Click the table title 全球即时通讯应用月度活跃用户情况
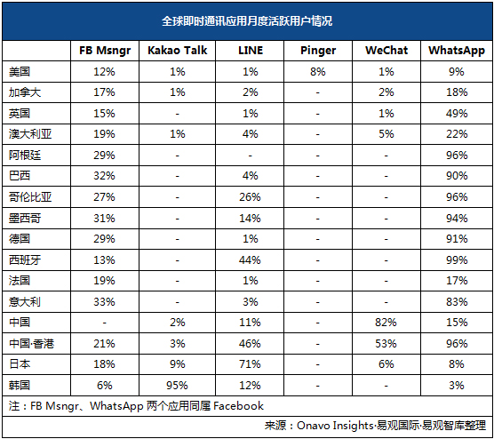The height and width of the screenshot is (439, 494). click(247, 21)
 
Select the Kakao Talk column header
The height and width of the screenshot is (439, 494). click(178, 50)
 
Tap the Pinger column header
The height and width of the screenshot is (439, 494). click(318, 51)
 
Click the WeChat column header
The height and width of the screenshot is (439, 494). click(386, 50)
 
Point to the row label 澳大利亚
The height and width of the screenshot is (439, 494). click(30, 134)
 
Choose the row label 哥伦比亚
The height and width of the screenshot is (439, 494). click(30, 197)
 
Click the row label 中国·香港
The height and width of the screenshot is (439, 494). click(31, 344)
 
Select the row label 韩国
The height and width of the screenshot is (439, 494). click(20, 385)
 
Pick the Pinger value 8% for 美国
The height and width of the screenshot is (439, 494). click(317, 72)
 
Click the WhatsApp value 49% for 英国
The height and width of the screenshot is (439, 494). click(457, 114)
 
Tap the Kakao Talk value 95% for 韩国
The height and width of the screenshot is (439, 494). click(177, 385)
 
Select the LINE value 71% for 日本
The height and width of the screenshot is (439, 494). click(250, 364)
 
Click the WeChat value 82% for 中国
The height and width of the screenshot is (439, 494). click(386, 323)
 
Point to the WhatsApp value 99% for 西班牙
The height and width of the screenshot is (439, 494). click(457, 260)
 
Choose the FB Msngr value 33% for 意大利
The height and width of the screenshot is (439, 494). click(104, 302)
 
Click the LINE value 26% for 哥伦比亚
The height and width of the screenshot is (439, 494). click(250, 197)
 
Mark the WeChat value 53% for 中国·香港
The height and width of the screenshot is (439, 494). click(386, 344)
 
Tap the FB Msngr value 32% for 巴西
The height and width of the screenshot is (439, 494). click(104, 176)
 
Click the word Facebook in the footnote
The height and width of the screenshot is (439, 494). click(238, 406)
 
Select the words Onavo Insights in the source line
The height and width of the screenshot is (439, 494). click(335, 426)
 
